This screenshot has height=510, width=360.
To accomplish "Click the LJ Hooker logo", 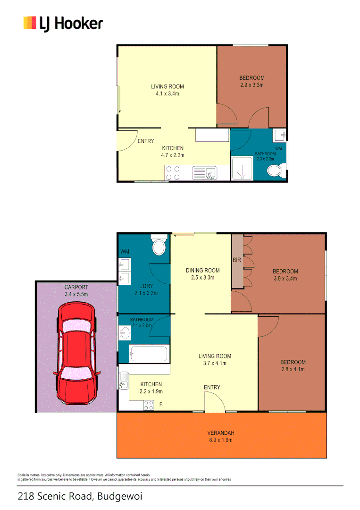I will [x=63, y=23].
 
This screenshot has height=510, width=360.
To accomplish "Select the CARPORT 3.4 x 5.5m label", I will [x=76, y=290].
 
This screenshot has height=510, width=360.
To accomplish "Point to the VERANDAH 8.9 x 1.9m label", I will [x=221, y=436].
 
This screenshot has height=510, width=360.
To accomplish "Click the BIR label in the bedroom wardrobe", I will [x=237, y=260].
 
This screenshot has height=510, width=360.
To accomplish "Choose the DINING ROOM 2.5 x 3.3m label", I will [x=202, y=274].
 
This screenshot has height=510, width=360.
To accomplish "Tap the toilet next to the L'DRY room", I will [x=159, y=246].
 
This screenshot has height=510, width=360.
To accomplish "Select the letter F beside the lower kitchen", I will [x=161, y=404].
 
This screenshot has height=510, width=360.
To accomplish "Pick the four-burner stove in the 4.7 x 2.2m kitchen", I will [x=173, y=173].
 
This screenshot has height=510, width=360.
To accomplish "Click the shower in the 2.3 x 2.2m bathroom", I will [x=243, y=169].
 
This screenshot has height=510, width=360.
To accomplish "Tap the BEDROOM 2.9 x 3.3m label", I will [x=251, y=81].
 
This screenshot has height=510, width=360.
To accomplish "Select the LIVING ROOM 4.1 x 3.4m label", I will [x=167, y=90].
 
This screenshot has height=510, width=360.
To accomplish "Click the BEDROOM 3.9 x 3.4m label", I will [x=285, y=274].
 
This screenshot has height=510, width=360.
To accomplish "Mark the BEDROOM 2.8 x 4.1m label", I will [x=292, y=365].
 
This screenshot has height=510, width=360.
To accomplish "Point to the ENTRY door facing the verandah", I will [x=215, y=403].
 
